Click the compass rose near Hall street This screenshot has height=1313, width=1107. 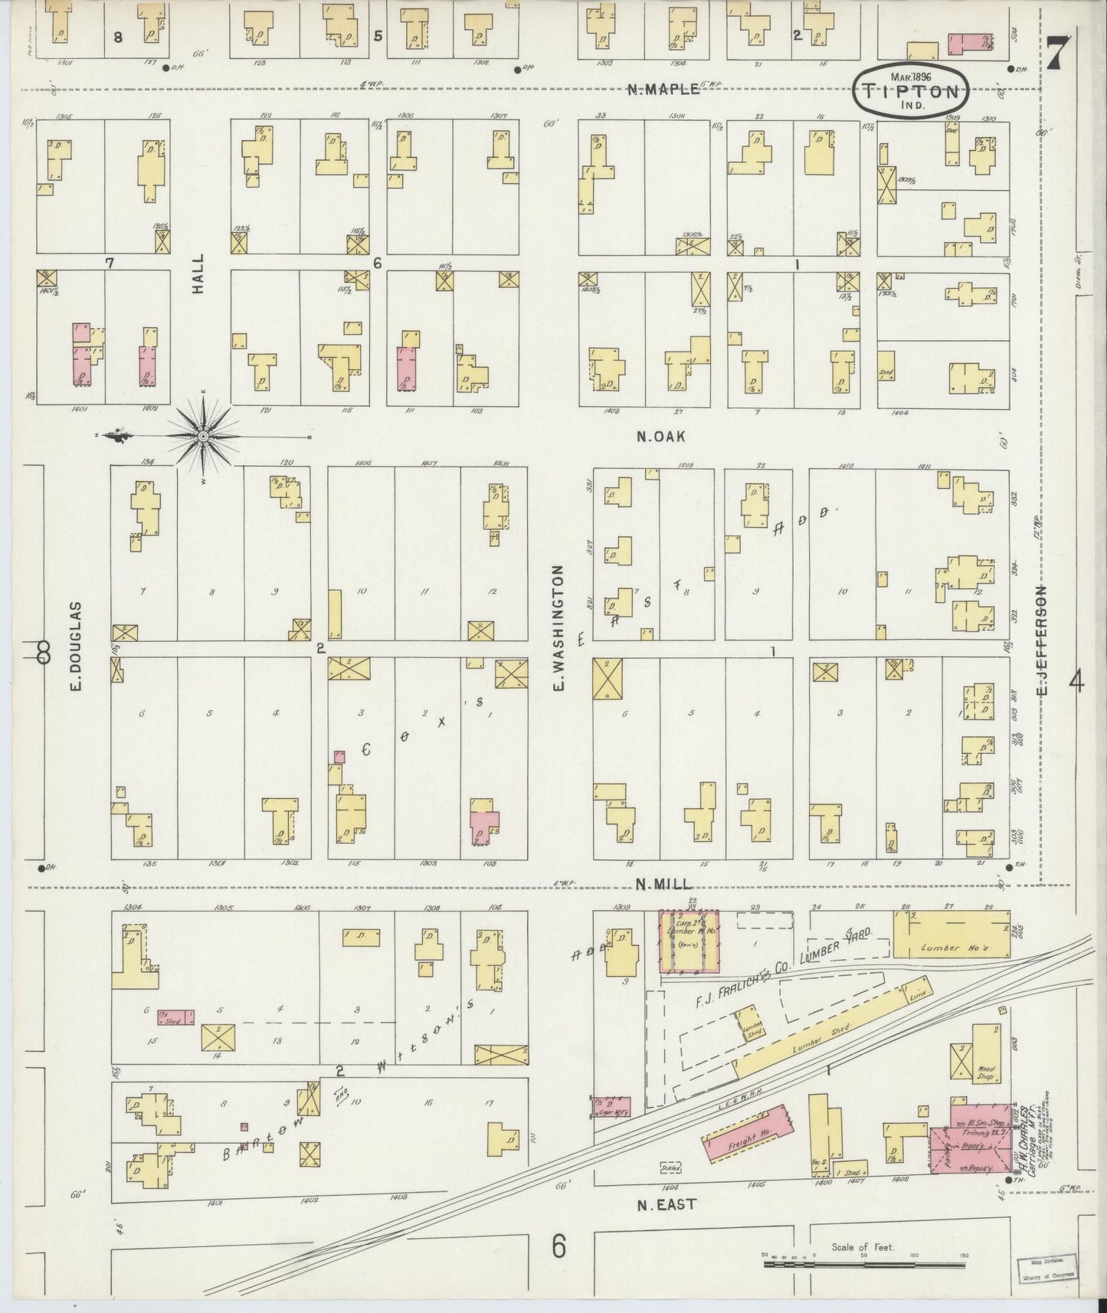pos(203,436)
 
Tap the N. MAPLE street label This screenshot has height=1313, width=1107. pos(663,89)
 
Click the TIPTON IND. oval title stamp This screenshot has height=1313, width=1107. pos(910,90)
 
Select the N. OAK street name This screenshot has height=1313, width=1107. pos(660,437)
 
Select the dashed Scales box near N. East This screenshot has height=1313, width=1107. pos(671,1168)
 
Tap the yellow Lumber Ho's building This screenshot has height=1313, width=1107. pos(951,934)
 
